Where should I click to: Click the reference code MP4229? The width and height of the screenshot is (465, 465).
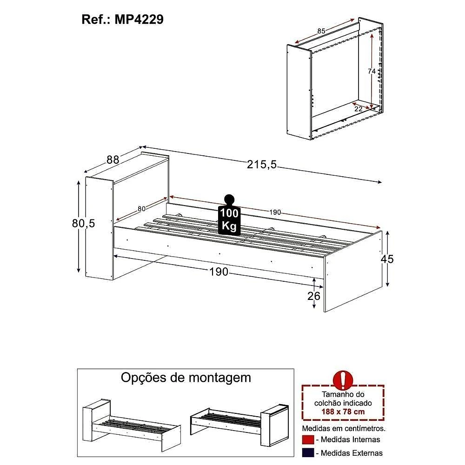pyautogui.click(x=139, y=20)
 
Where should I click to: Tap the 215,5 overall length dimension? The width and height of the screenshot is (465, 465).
pyautogui.click(x=261, y=164)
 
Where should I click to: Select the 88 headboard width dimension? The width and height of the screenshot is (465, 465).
pyautogui.click(x=113, y=160)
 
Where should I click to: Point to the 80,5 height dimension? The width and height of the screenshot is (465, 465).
pyautogui.click(x=83, y=223)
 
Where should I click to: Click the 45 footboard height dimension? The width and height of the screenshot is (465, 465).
pyautogui.click(x=387, y=259)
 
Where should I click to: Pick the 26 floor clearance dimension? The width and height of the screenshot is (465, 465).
pyautogui.click(x=314, y=296)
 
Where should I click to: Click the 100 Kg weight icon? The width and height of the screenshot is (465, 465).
pyautogui.click(x=229, y=215)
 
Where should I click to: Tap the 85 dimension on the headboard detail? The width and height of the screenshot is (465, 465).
pyautogui.click(x=321, y=31)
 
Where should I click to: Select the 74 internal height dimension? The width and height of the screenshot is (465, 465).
pyautogui.click(x=372, y=71)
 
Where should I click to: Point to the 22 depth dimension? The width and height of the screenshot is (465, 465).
pyautogui.click(x=359, y=109)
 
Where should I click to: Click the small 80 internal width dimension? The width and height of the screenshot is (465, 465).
pyautogui.click(x=141, y=209)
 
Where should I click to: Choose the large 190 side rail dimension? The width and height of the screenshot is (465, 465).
pyautogui.click(x=219, y=272)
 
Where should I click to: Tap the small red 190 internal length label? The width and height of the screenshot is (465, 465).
pyautogui.click(x=275, y=213)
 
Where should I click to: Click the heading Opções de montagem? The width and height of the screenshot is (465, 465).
pyautogui.click(x=186, y=378)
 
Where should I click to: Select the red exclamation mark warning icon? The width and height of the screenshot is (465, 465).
pyautogui.click(x=343, y=380)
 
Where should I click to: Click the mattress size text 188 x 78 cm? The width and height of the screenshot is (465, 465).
pyautogui.click(x=343, y=412)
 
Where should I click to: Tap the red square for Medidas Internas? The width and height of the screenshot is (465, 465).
pyautogui.click(x=308, y=440)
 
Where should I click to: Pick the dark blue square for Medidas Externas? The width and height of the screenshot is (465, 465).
pyautogui.click(x=308, y=453)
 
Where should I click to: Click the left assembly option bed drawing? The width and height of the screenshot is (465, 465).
pyautogui.click(x=132, y=425)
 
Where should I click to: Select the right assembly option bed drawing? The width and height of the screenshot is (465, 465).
pyautogui.click(x=239, y=425)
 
